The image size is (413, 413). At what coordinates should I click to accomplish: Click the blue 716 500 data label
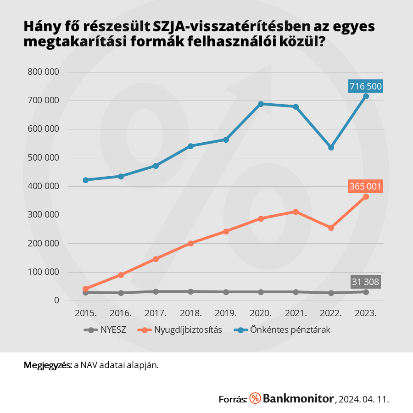coord(365,86)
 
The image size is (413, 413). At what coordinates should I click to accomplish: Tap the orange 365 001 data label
coord(365,186)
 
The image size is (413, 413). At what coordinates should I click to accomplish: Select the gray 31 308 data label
coord(365,282)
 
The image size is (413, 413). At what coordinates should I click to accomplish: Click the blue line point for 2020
coord(261,104)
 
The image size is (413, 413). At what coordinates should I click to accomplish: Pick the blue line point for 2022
coord(331,148)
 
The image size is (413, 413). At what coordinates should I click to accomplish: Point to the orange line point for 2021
coord(296,212)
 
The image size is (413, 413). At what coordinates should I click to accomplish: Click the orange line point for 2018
coord(191,243)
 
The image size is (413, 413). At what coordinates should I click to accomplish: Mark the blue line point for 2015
coord(86,180)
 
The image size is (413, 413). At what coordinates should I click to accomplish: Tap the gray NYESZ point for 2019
coord(226,292)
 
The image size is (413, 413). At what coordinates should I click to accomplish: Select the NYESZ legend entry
coord(105,329)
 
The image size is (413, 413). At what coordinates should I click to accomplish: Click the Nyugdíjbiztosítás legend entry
coord(182,329)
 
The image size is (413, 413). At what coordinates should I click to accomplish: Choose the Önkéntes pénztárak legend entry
coord(282,329)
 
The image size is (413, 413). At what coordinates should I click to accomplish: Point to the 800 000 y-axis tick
coord(44,72)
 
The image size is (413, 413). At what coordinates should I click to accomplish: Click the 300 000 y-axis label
coord(44,215)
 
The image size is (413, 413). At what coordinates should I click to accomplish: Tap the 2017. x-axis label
coord(156,313)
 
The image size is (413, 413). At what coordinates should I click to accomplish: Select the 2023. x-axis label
coord(366,313)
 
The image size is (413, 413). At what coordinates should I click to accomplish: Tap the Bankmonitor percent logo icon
coord(255,398)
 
